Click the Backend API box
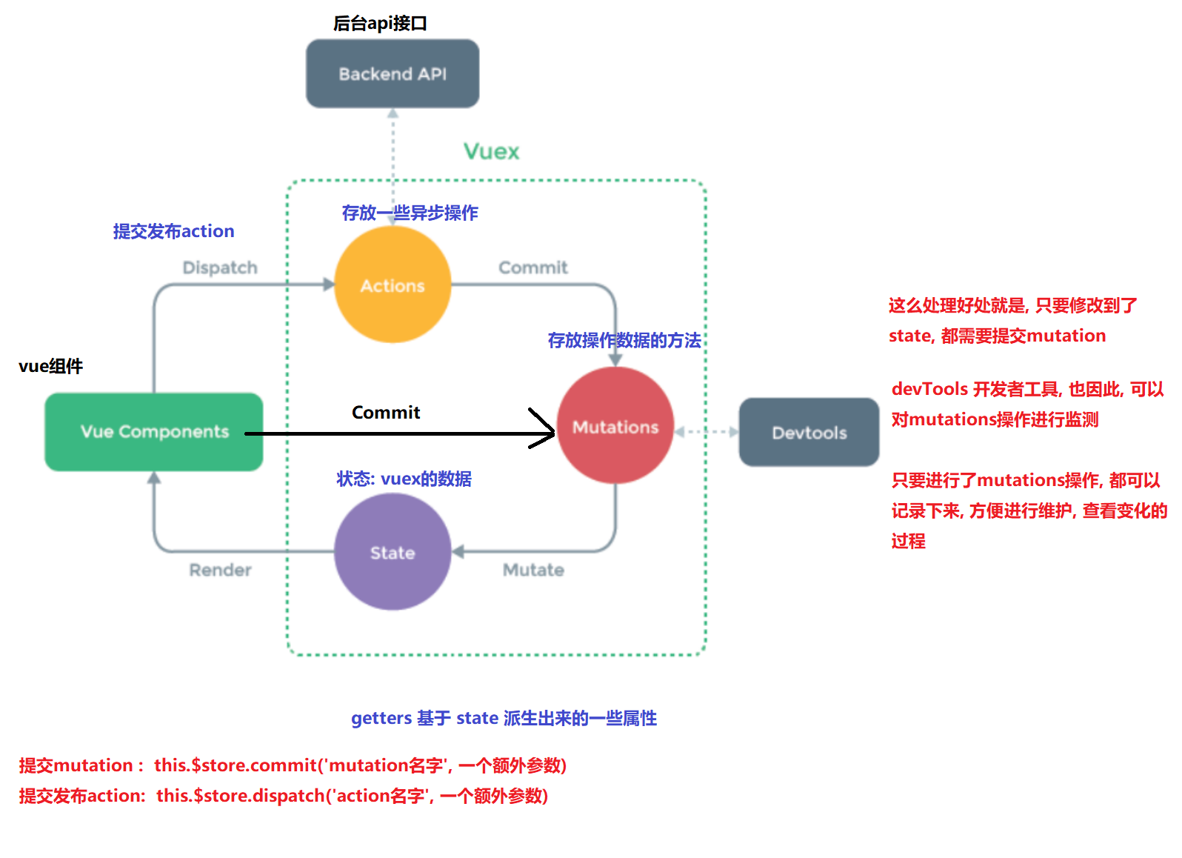[x=393, y=73]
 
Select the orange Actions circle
[x=393, y=285]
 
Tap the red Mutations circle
[x=615, y=427]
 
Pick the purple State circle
[x=393, y=553]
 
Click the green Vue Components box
[x=154, y=431]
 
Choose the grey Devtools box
[x=809, y=433]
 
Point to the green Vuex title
[x=491, y=152]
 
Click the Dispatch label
[x=220, y=267]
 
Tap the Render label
[x=220, y=570]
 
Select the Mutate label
[x=533, y=570]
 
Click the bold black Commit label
[x=386, y=412]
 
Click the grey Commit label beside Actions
[x=532, y=267]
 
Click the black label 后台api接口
[x=380, y=24]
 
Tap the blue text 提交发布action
[x=173, y=231]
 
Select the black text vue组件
[x=50, y=366]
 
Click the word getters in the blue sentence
[x=381, y=718]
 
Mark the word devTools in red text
[x=929, y=389]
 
